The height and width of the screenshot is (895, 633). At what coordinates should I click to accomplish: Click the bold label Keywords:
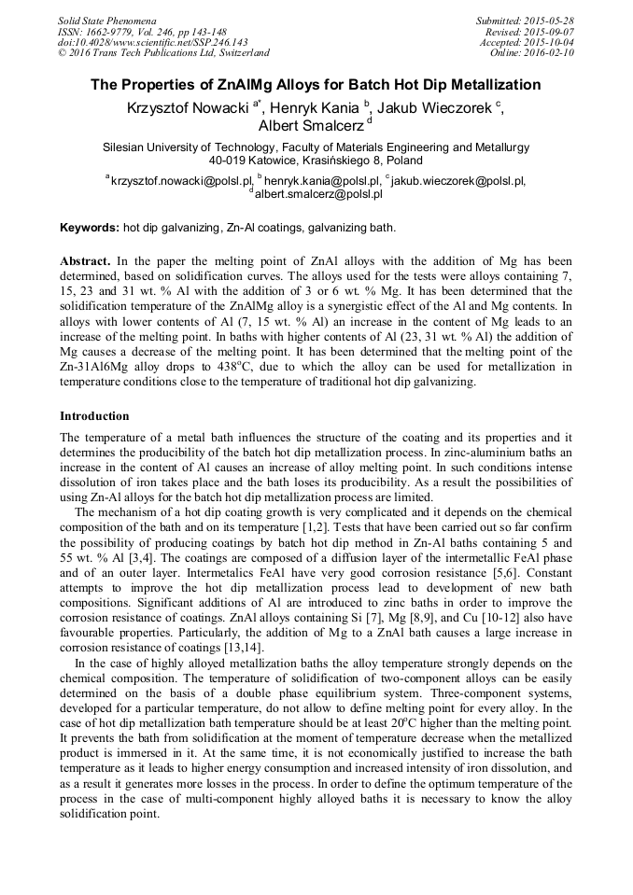[90, 227]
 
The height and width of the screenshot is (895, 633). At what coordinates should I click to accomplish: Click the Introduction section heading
[94, 415]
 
